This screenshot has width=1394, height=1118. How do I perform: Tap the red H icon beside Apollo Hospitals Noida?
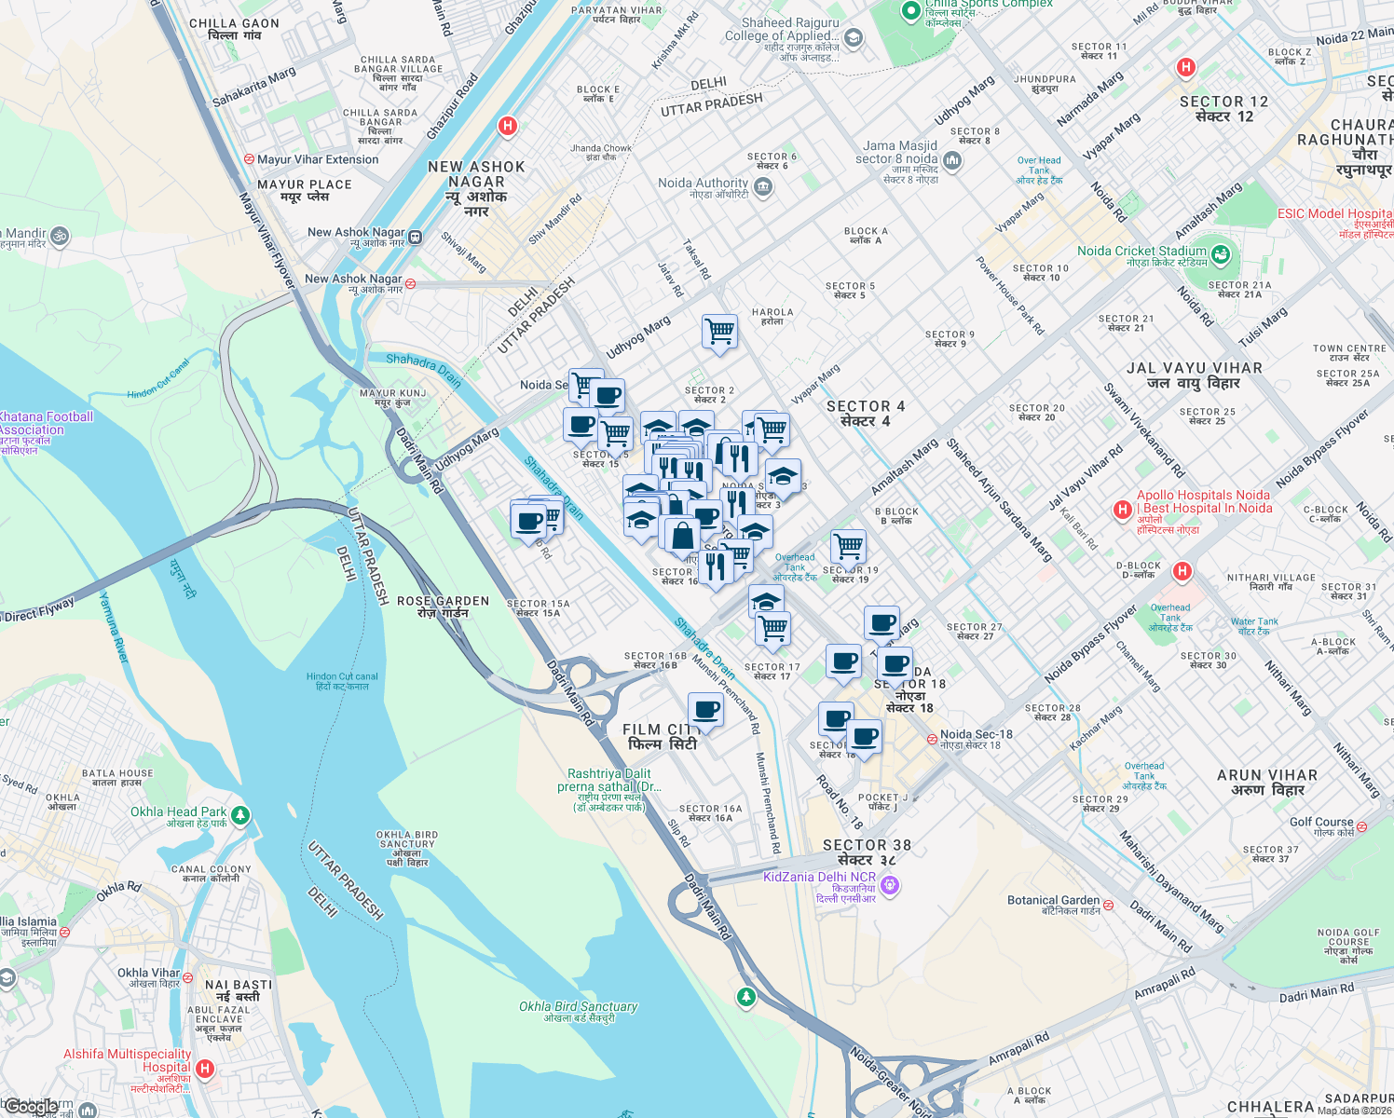[1123, 510]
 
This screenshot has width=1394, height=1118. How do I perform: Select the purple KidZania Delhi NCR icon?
[890, 884]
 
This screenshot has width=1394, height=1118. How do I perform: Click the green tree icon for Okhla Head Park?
[240, 815]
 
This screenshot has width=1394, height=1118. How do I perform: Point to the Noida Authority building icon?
[763, 187]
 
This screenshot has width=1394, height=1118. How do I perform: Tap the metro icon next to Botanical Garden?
[1109, 904]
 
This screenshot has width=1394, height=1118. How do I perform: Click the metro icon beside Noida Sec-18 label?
[932, 739]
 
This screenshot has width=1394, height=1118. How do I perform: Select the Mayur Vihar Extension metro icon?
[249, 159]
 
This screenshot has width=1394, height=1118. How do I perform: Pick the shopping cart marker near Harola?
[719, 332]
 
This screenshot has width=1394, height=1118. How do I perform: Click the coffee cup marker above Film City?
[705, 711]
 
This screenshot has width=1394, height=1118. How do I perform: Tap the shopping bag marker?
[682, 536]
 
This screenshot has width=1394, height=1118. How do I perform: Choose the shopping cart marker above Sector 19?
[847, 545]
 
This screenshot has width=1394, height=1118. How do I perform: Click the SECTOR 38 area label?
[867, 852]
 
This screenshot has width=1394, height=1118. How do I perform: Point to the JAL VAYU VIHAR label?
[1194, 375]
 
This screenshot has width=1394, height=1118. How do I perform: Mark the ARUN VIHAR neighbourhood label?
[1266, 783]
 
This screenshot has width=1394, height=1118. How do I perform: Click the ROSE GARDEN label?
[443, 607]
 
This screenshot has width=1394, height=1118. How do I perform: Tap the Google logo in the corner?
[31, 1107]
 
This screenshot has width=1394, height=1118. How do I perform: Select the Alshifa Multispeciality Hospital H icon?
[205, 1069]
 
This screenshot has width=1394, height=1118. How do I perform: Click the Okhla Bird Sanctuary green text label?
[578, 1012]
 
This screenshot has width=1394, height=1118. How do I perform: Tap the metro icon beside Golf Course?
[1361, 826]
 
